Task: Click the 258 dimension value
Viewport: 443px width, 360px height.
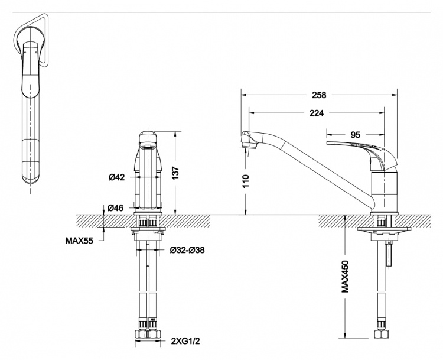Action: coord(319,95)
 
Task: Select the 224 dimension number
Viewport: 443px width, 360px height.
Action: coord(317,113)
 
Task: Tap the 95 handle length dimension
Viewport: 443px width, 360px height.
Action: coord(356,135)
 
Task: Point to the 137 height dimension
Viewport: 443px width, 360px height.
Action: coord(175,173)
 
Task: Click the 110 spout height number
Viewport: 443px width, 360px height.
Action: coord(246,181)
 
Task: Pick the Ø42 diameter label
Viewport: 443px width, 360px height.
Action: coord(116,177)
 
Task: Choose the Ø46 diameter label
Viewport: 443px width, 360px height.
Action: coord(115,208)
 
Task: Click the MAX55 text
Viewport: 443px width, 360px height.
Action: coord(79,241)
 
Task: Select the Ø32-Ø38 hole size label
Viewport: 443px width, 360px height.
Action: coord(187,250)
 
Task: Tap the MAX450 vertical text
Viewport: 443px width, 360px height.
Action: coord(345,276)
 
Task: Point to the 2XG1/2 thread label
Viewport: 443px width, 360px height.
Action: coord(185,341)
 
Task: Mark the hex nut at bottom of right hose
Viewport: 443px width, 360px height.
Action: coord(381,334)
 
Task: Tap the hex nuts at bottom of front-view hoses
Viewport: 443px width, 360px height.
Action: coord(148,334)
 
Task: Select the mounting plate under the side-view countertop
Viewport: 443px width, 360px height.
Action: coord(383,229)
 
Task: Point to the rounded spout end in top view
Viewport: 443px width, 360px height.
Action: coord(31,176)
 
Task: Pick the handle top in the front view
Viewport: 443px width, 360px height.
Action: coord(148,138)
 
